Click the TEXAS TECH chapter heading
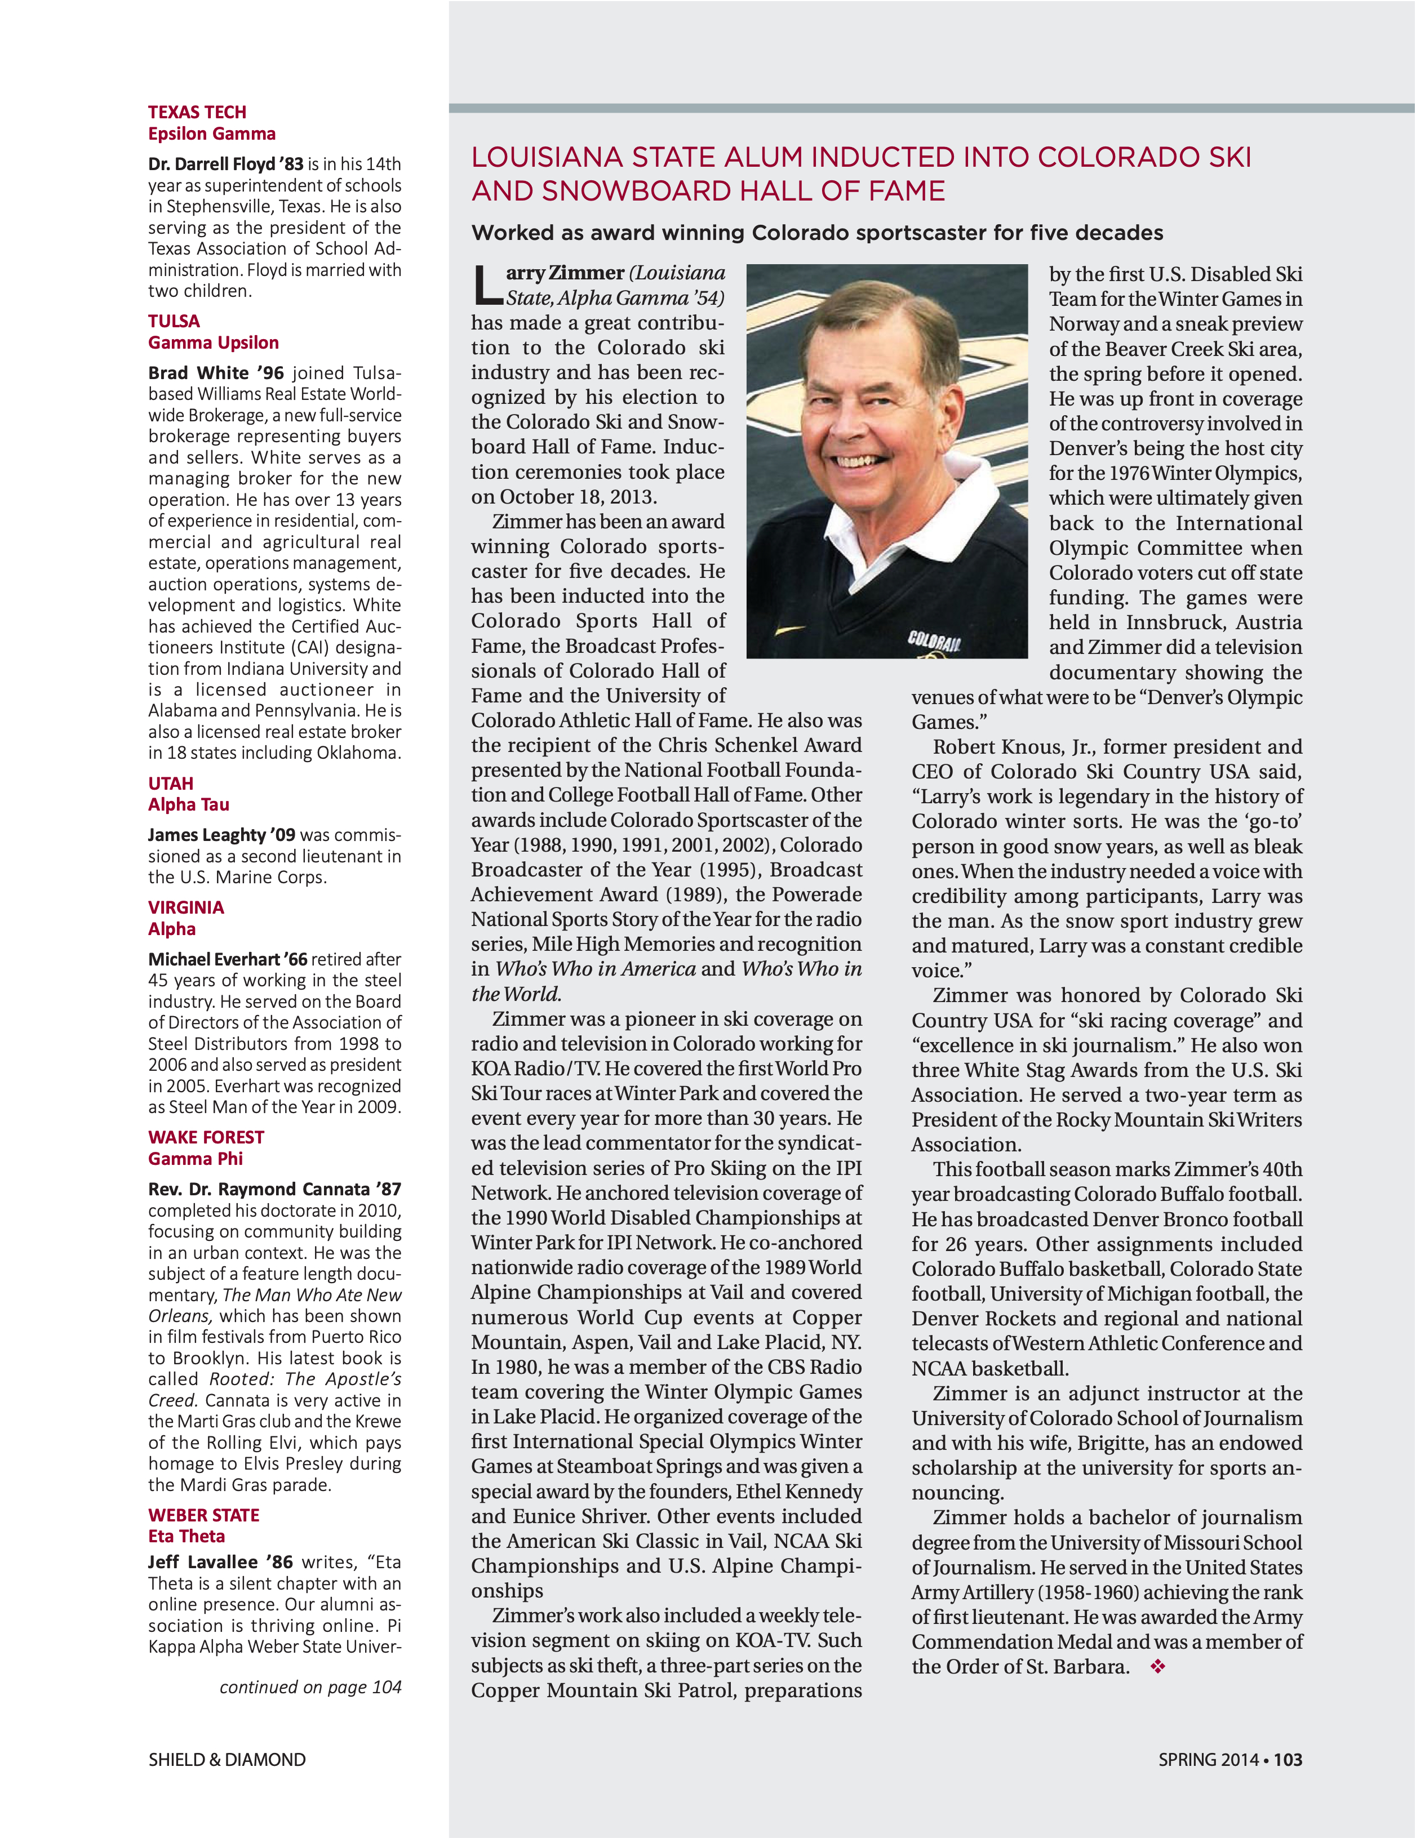click(x=197, y=113)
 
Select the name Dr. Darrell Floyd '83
click(x=225, y=164)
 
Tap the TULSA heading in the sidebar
click(x=174, y=322)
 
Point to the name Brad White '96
click(x=215, y=373)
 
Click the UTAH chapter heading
click(x=171, y=784)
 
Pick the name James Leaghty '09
click(x=221, y=835)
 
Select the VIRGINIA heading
click(x=186, y=908)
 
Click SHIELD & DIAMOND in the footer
click(x=227, y=1760)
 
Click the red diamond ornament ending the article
click(x=1158, y=1666)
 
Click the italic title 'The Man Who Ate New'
click(x=312, y=1295)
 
